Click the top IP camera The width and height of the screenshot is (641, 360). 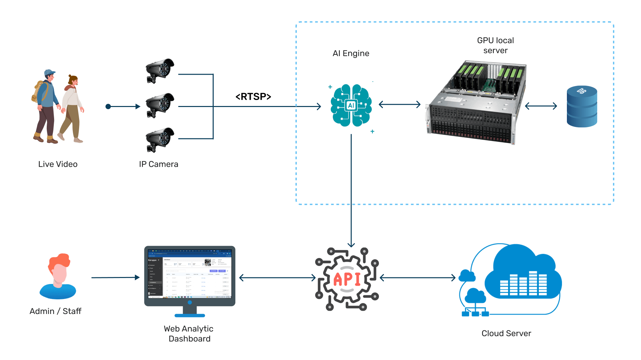160,71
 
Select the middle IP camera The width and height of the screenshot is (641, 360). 160,105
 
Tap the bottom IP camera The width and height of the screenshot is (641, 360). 160,139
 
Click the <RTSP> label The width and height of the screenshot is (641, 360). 253,97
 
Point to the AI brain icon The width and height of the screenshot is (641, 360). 351,105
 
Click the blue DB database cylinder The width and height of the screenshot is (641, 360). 582,107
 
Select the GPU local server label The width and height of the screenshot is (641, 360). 495,45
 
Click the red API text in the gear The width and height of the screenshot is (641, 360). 347,279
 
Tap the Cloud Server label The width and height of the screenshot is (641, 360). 506,333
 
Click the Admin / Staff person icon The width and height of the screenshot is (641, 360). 58,277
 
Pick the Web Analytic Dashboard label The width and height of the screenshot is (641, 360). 189,334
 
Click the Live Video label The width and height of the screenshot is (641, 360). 58,164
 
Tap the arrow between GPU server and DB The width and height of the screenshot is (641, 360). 541,106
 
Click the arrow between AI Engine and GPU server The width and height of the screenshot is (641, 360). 400,105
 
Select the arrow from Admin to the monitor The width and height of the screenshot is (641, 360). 115,277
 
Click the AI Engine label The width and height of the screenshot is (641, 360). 351,53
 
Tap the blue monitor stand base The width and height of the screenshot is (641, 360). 190,315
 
